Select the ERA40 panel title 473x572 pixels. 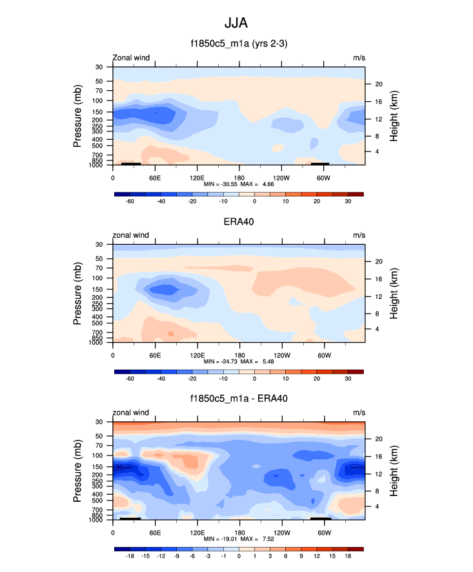click(x=238, y=222)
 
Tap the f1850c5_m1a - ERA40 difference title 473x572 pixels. click(x=238, y=399)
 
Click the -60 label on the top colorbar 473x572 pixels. click(x=130, y=202)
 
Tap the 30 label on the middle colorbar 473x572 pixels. click(x=348, y=379)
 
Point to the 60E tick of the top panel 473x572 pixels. click(x=155, y=177)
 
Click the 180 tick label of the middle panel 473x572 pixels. click(x=239, y=355)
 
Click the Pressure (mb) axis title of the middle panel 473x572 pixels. click(x=77, y=293)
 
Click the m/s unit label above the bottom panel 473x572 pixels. click(x=359, y=412)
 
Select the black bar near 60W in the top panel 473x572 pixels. click(x=320, y=164)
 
